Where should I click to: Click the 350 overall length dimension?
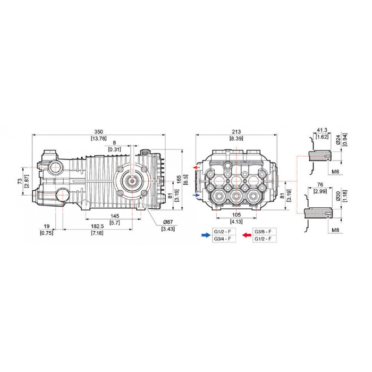pos(99,131)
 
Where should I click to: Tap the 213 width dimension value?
pos(236,131)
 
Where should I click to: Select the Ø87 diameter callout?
pos(168,222)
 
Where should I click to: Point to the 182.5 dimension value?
pos(97,226)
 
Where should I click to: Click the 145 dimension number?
pos(115,216)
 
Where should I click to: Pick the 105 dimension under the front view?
pos(236,215)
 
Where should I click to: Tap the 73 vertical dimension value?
pos(20,181)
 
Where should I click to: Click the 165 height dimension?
pos(179,179)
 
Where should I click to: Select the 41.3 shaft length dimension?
pos(322,130)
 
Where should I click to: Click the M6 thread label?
pos(335,172)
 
